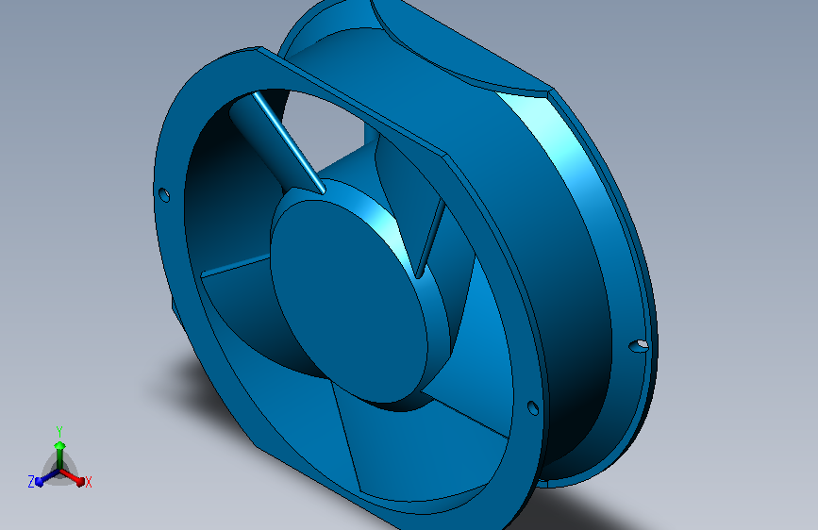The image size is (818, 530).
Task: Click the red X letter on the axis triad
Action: point(89,482)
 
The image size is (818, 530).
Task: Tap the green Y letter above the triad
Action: point(59,430)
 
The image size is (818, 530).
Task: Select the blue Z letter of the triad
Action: point(31,481)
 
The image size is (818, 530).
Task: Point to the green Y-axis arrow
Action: point(59,447)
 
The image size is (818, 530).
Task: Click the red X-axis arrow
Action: point(76,477)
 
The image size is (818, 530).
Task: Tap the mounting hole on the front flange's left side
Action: point(163,195)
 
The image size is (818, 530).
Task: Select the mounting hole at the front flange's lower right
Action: point(532,408)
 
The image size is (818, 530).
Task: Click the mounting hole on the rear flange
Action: point(640,344)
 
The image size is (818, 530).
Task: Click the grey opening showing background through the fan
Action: point(326,127)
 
